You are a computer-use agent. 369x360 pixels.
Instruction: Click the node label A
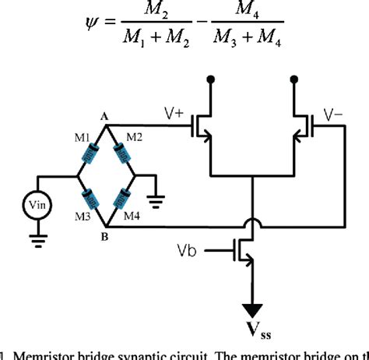point(104,115)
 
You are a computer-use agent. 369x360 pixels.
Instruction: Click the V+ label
point(174,114)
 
